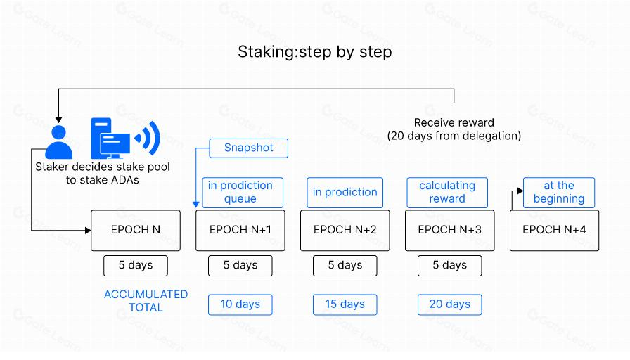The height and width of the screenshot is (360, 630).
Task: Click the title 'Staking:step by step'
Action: [x=314, y=52]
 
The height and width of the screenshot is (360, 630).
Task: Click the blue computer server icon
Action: [x=110, y=137]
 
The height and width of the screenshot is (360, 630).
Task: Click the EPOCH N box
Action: [x=136, y=230]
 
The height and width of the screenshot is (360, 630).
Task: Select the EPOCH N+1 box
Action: [x=240, y=230]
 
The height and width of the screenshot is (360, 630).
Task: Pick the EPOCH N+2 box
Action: [x=345, y=230]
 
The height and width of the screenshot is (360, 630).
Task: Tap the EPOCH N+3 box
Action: [x=450, y=230]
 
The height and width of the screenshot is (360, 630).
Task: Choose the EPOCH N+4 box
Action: [x=554, y=230]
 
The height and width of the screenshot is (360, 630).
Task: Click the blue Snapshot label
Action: [x=248, y=148]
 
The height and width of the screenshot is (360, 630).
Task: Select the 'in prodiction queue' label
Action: [x=240, y=192]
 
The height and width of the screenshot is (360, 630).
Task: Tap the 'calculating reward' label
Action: [x=447, y=192]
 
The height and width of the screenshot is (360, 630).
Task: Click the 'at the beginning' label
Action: [x=558, y=192]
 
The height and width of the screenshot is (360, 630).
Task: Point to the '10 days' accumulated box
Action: [x=240, y=304]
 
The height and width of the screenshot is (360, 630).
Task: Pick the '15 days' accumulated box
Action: [x=345, y=304]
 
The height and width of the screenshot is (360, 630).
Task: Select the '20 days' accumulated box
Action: [x=450, y=304]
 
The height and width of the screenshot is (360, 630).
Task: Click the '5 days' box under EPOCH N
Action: [x=136, y=265]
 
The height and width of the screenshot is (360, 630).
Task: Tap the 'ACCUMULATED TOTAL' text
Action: [x=146, y=300]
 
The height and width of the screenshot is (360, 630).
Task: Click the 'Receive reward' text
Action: [x=454, y=122]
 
